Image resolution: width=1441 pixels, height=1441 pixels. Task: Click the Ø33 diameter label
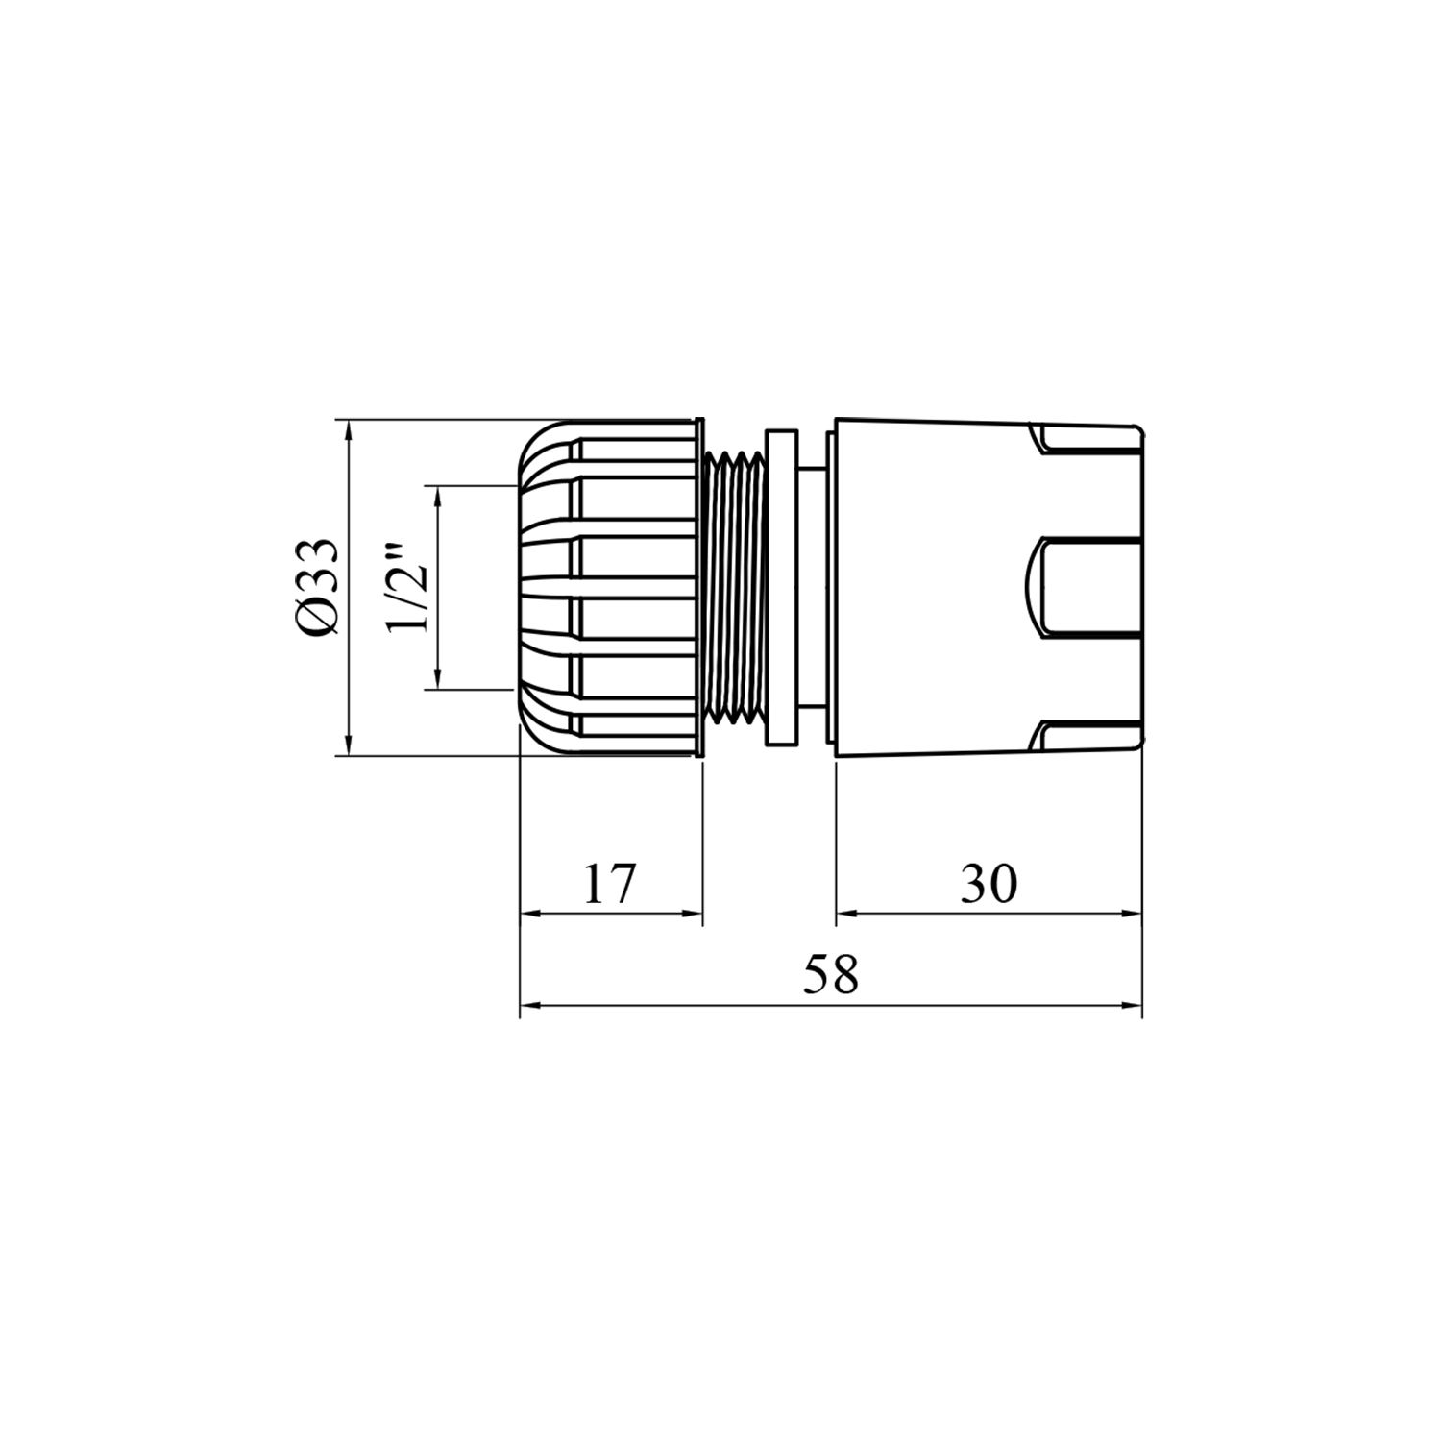click(317, 586)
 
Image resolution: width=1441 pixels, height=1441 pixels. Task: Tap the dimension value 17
click(610, 884)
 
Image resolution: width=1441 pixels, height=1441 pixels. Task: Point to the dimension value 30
click(989, 884)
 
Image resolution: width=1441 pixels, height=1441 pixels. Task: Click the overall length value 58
click(830, 976)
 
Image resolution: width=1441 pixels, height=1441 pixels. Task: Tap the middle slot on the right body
click(1086, 587)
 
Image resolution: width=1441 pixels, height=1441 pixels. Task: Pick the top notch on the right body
click(1086, 439)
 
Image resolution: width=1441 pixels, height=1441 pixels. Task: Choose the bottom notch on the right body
click(1086, 736)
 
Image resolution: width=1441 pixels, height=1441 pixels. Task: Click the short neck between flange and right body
click(812, 587)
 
